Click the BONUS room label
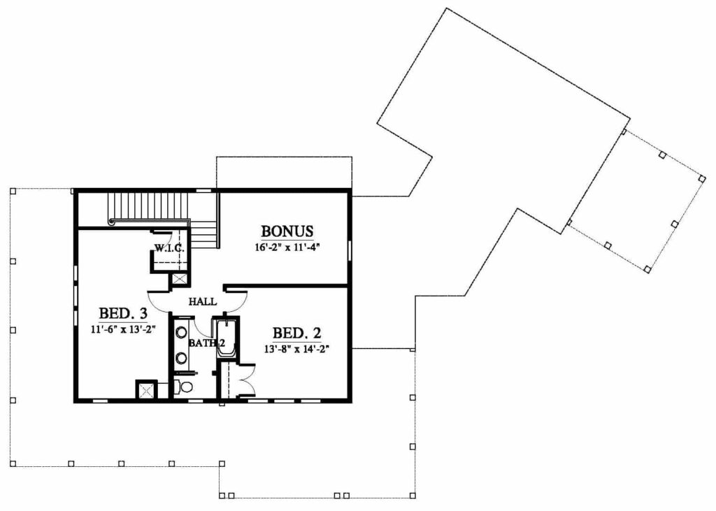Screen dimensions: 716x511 [x=287, y=231]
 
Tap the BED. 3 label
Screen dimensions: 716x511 [x=123, y=314]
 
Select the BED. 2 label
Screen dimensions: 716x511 [x=296, y=333]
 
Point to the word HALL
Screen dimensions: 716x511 [x=203, y=301]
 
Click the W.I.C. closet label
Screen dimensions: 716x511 [x=169, y=249]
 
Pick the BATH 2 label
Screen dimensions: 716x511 [x=207, y=343]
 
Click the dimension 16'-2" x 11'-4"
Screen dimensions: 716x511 [x=287, y=248]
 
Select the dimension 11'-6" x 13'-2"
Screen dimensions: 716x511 [x=123, y=330]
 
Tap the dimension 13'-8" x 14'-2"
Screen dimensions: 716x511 [x=296, y=350]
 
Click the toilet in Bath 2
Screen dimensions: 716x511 [x=185, y=387]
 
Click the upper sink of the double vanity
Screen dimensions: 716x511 [x=181, y=333]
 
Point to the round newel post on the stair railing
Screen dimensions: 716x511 [x=111, y=222]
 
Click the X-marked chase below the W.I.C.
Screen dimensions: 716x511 [x=178, y=280]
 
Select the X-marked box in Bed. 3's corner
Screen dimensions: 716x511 [x=146, y=390]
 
